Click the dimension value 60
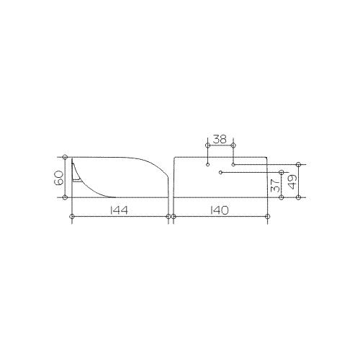coord(59,178)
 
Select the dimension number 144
coord(119,210)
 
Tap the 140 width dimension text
coord(220,210)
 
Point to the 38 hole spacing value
coord(220,140)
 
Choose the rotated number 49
coord(292,181)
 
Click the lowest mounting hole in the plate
coord(221,172)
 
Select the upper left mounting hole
coord(208,165)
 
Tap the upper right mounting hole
coord(233,165)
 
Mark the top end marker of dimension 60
coord(65,157)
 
